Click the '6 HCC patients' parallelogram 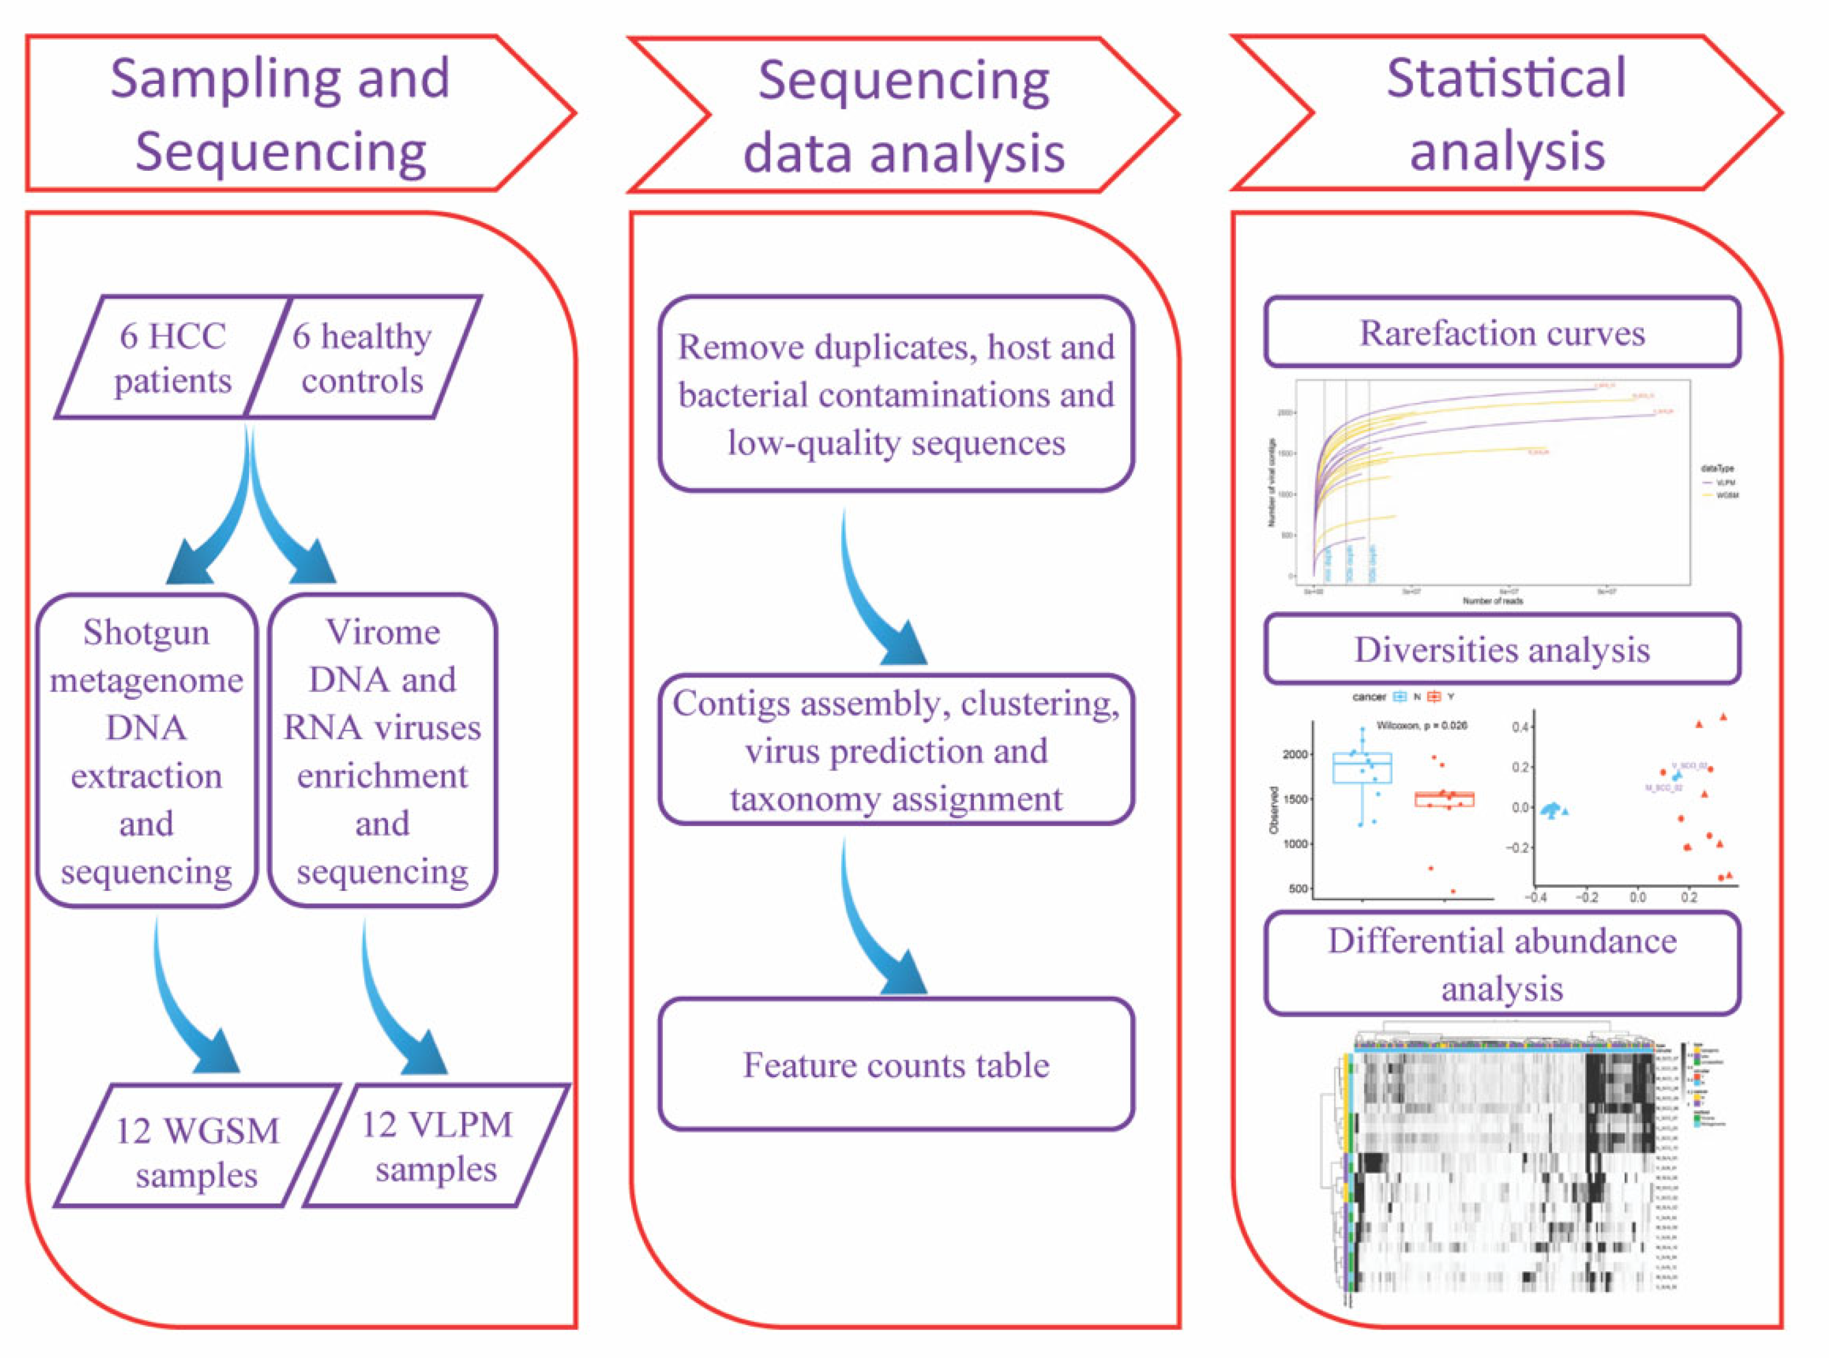173,358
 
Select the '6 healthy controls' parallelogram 362,358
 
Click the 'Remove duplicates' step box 896,395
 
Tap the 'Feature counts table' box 896,1065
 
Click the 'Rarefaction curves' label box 1502,333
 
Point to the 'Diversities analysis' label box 1502,649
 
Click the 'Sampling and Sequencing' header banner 280,113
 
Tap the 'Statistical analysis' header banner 1506,113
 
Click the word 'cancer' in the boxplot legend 1369,697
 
